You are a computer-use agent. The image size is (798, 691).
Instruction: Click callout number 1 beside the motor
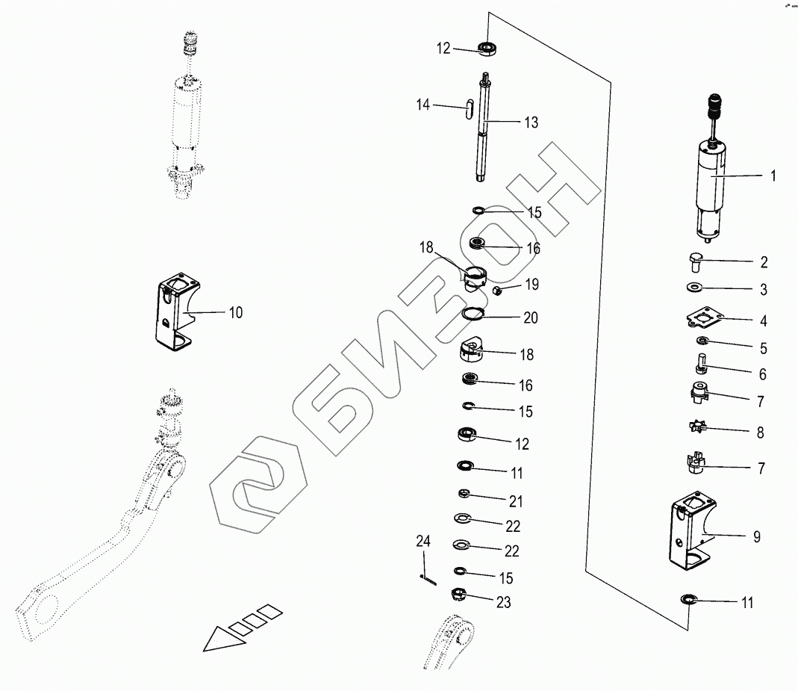tap(773, 176)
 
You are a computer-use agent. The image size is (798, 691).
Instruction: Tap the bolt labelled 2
tap(694, 262)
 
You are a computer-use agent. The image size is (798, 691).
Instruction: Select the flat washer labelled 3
tap(693, 287)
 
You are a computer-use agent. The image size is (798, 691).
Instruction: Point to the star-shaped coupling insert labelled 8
tap(701, 342)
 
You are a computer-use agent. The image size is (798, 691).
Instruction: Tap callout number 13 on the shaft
tap(531, 123)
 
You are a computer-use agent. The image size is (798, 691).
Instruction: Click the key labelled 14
tap(469, 110)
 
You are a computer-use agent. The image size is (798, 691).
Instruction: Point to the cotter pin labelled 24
tap(426, 576)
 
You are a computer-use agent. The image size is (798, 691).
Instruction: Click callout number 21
tap(515, 501)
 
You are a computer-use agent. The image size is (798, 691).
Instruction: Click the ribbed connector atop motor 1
tap(715, 106)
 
